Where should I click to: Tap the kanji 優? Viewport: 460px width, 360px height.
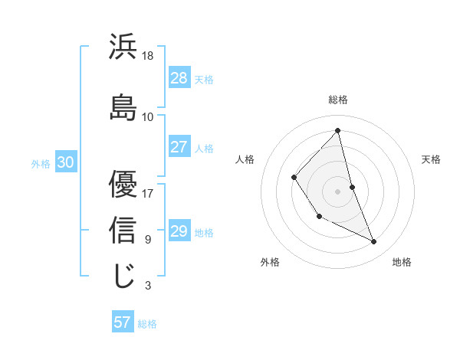(123, 184)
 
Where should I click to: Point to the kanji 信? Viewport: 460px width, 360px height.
(123, 230)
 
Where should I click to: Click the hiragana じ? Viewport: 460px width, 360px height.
(123, 276)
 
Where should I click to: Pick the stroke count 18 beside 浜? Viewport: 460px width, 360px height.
(148, 56)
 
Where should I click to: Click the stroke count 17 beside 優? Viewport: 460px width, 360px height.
(148, 194)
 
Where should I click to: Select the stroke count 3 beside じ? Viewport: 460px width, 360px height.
(147, 286)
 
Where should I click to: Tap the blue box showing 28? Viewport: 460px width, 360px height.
(179, 78)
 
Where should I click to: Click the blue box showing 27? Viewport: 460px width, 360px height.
(179, 147)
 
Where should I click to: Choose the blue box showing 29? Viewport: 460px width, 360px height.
(179, 231)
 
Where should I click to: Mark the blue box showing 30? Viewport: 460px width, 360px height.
(65, 162)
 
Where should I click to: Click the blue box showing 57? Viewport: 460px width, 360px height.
(123, 322)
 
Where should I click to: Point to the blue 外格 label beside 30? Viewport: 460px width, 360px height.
(41, 163)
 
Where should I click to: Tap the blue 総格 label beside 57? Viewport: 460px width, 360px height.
(147, 323)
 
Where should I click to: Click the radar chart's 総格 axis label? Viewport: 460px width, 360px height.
(338, 100)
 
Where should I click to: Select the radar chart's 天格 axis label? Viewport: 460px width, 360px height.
(431, 159)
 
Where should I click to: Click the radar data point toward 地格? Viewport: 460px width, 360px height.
(374, 242)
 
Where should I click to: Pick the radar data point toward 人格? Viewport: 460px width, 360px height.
(294, 178)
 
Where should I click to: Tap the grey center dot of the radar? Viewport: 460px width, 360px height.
(337, 190)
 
